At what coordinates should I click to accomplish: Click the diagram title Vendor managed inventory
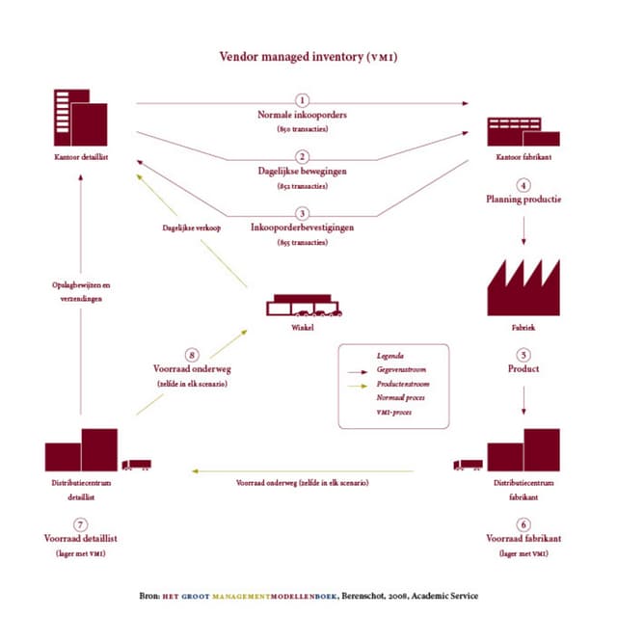pos(308,57)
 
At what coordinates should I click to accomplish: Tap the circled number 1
pos(302,100)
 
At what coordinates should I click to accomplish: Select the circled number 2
pos(302,156)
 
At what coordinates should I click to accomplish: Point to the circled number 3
pos(302,213)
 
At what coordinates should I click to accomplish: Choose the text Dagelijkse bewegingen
pos(302,171)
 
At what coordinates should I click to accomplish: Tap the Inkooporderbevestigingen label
pos(302,228)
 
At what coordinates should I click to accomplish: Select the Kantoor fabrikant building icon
pos(523,131)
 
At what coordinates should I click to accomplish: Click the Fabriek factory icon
pos(523,287)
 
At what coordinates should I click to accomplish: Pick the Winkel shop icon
pos(302,305)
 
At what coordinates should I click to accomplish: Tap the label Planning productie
pos(523,200)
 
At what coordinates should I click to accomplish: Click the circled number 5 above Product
pos(523,354)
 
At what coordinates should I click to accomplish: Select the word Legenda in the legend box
pos(390,355)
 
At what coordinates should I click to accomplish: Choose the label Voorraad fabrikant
pos(523,538)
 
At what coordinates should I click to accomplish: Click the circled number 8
pos(192,354)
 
